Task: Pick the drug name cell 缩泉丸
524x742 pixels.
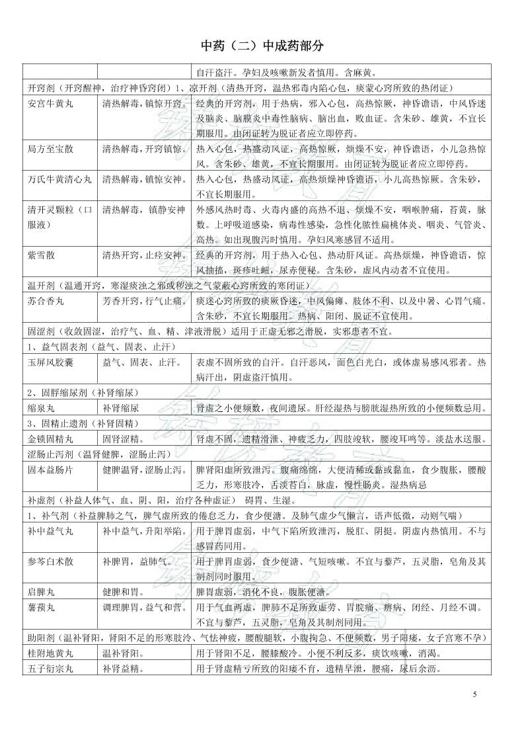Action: (x=40, y=408)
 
